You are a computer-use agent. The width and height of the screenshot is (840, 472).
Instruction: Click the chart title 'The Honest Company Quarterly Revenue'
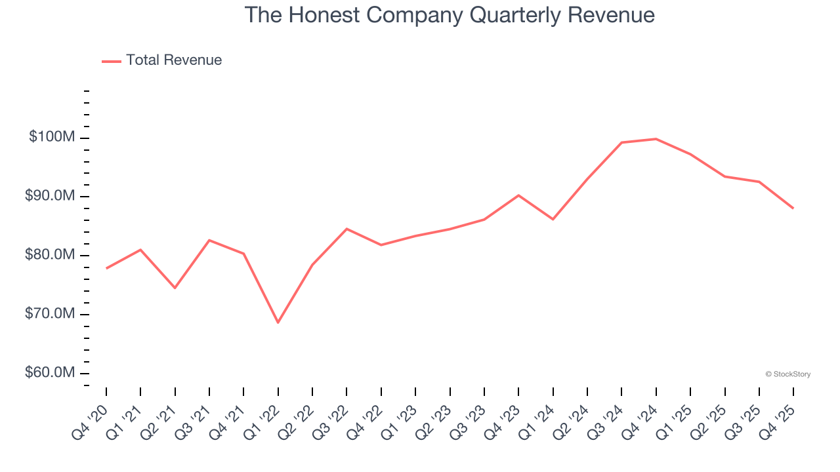tap(450, 15)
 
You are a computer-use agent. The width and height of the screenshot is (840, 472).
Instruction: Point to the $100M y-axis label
tap(52, 137)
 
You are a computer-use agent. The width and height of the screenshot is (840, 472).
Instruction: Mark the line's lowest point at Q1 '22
tap(278, 323)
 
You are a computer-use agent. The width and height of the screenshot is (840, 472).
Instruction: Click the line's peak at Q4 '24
tap(656, 139)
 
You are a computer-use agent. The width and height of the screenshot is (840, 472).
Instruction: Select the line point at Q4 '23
tap(518, 195)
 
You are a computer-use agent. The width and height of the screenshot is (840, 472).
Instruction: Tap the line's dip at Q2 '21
tap(175, 288)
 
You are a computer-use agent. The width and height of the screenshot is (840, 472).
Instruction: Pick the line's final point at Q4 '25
tap(793, 208)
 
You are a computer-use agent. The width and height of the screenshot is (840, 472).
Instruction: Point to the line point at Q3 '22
tap(346, 229)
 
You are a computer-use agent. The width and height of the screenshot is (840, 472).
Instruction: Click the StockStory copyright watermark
tap(787, 374)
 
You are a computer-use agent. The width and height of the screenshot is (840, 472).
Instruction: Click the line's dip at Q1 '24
tap(553, 219)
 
